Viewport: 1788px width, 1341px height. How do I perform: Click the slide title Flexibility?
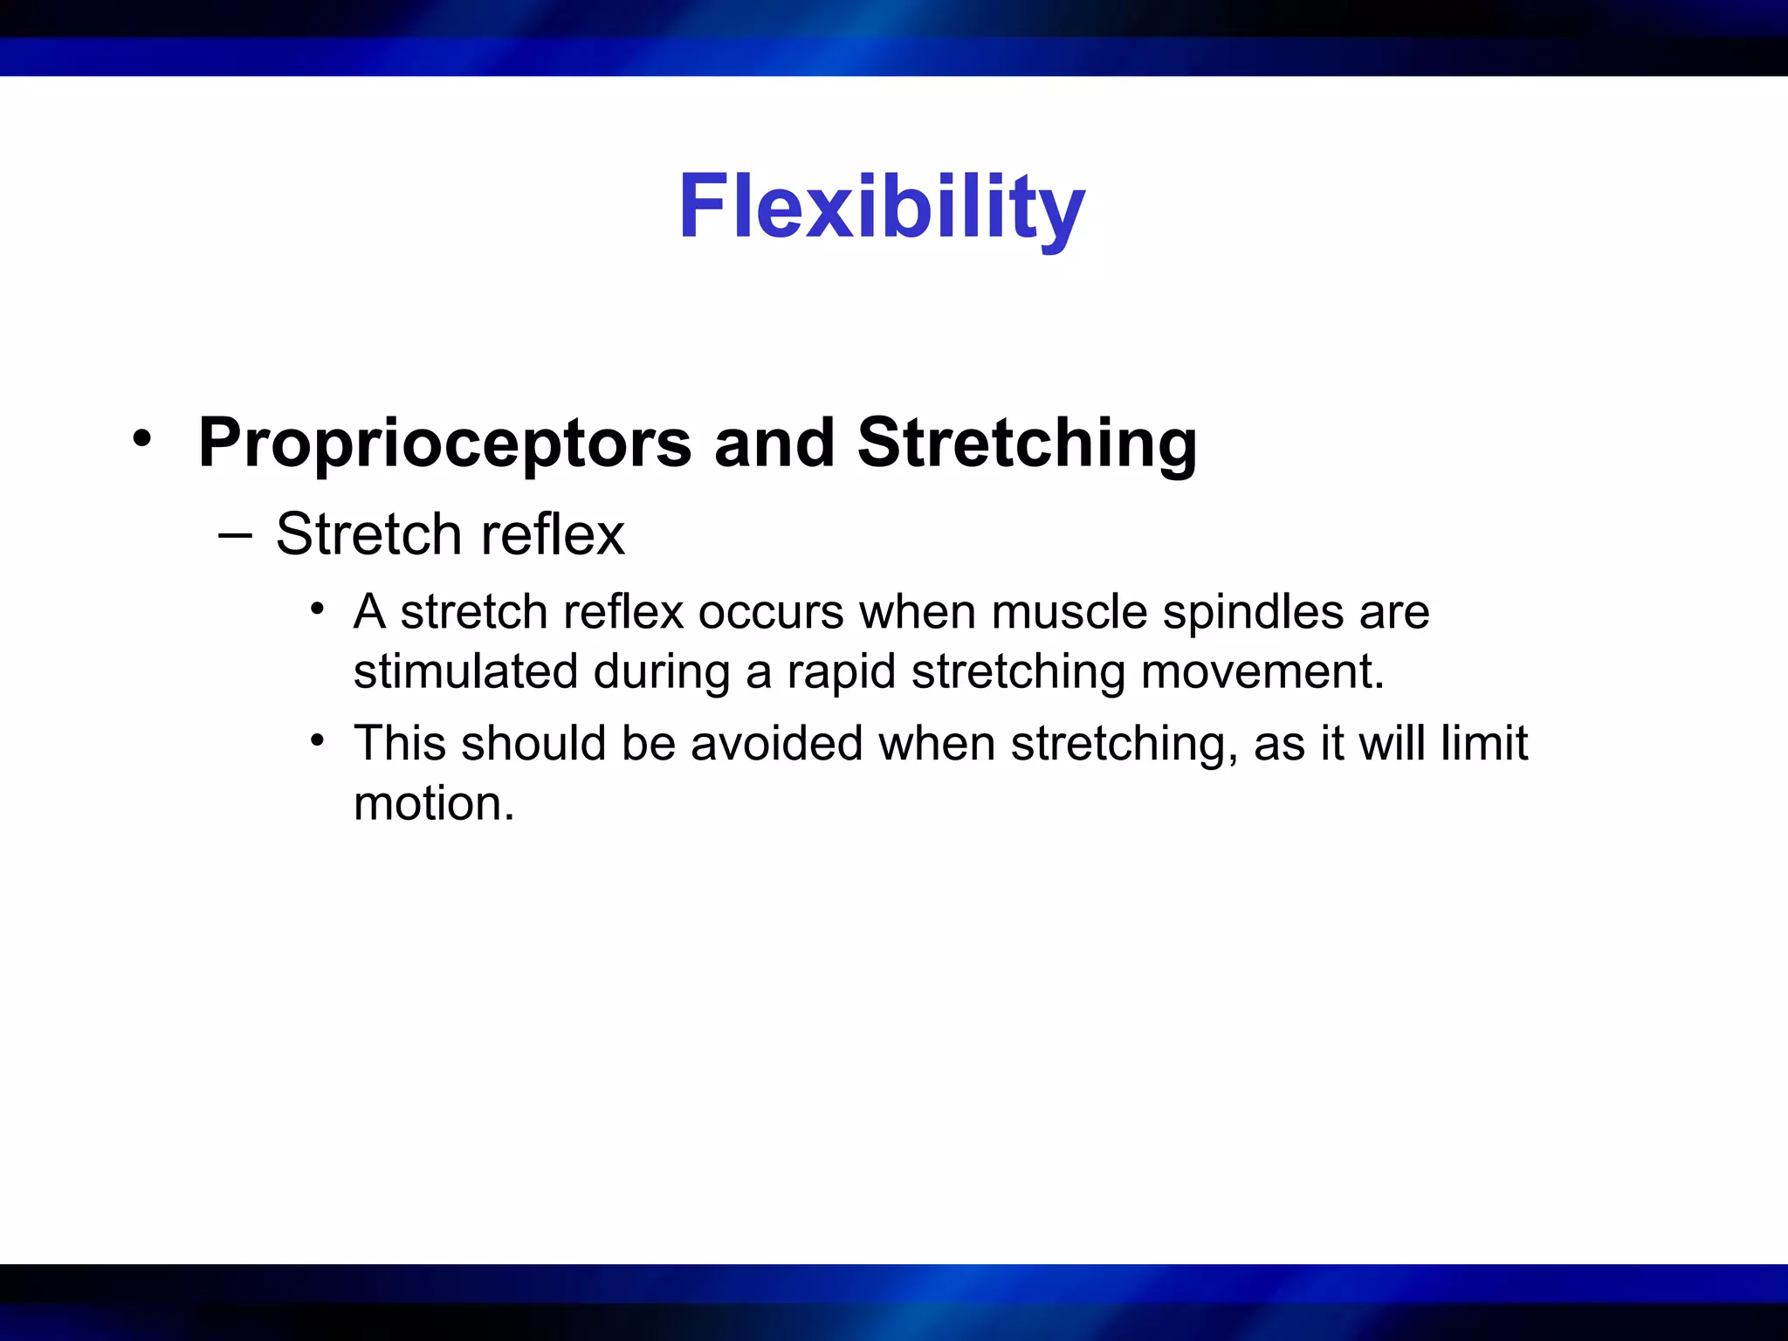[x=881, y=208]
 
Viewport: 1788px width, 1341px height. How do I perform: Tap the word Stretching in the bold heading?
[x=1027, y=444]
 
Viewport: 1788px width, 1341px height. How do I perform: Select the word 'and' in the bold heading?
[x=774, y=444]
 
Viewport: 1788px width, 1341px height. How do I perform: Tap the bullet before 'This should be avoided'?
[x=318, y=741]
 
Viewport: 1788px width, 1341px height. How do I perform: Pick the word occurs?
[x=770, y=612]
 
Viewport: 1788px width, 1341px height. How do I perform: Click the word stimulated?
[x=465, y=671]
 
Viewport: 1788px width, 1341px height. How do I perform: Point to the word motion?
[x=433, y=803]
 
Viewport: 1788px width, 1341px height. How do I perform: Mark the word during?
[x=662, y=673]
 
